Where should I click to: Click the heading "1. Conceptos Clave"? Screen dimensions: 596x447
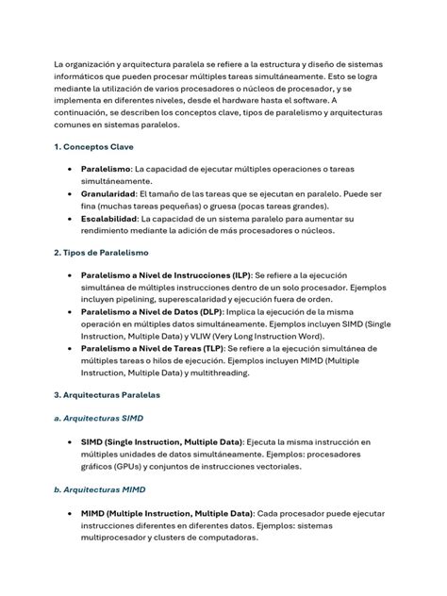coord(93,147)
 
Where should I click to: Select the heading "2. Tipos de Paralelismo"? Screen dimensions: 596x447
coord(101,253)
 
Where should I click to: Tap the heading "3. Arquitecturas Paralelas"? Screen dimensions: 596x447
coord(107,394)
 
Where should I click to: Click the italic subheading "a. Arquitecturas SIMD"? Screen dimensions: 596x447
coord(99,417)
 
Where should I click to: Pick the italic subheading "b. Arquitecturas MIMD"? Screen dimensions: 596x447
coord(99,489)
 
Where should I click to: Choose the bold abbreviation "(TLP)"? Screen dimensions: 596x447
coord(209,348)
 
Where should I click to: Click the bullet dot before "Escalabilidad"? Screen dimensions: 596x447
coord(72,219)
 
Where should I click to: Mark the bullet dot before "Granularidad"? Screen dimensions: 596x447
coord(72,194)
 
